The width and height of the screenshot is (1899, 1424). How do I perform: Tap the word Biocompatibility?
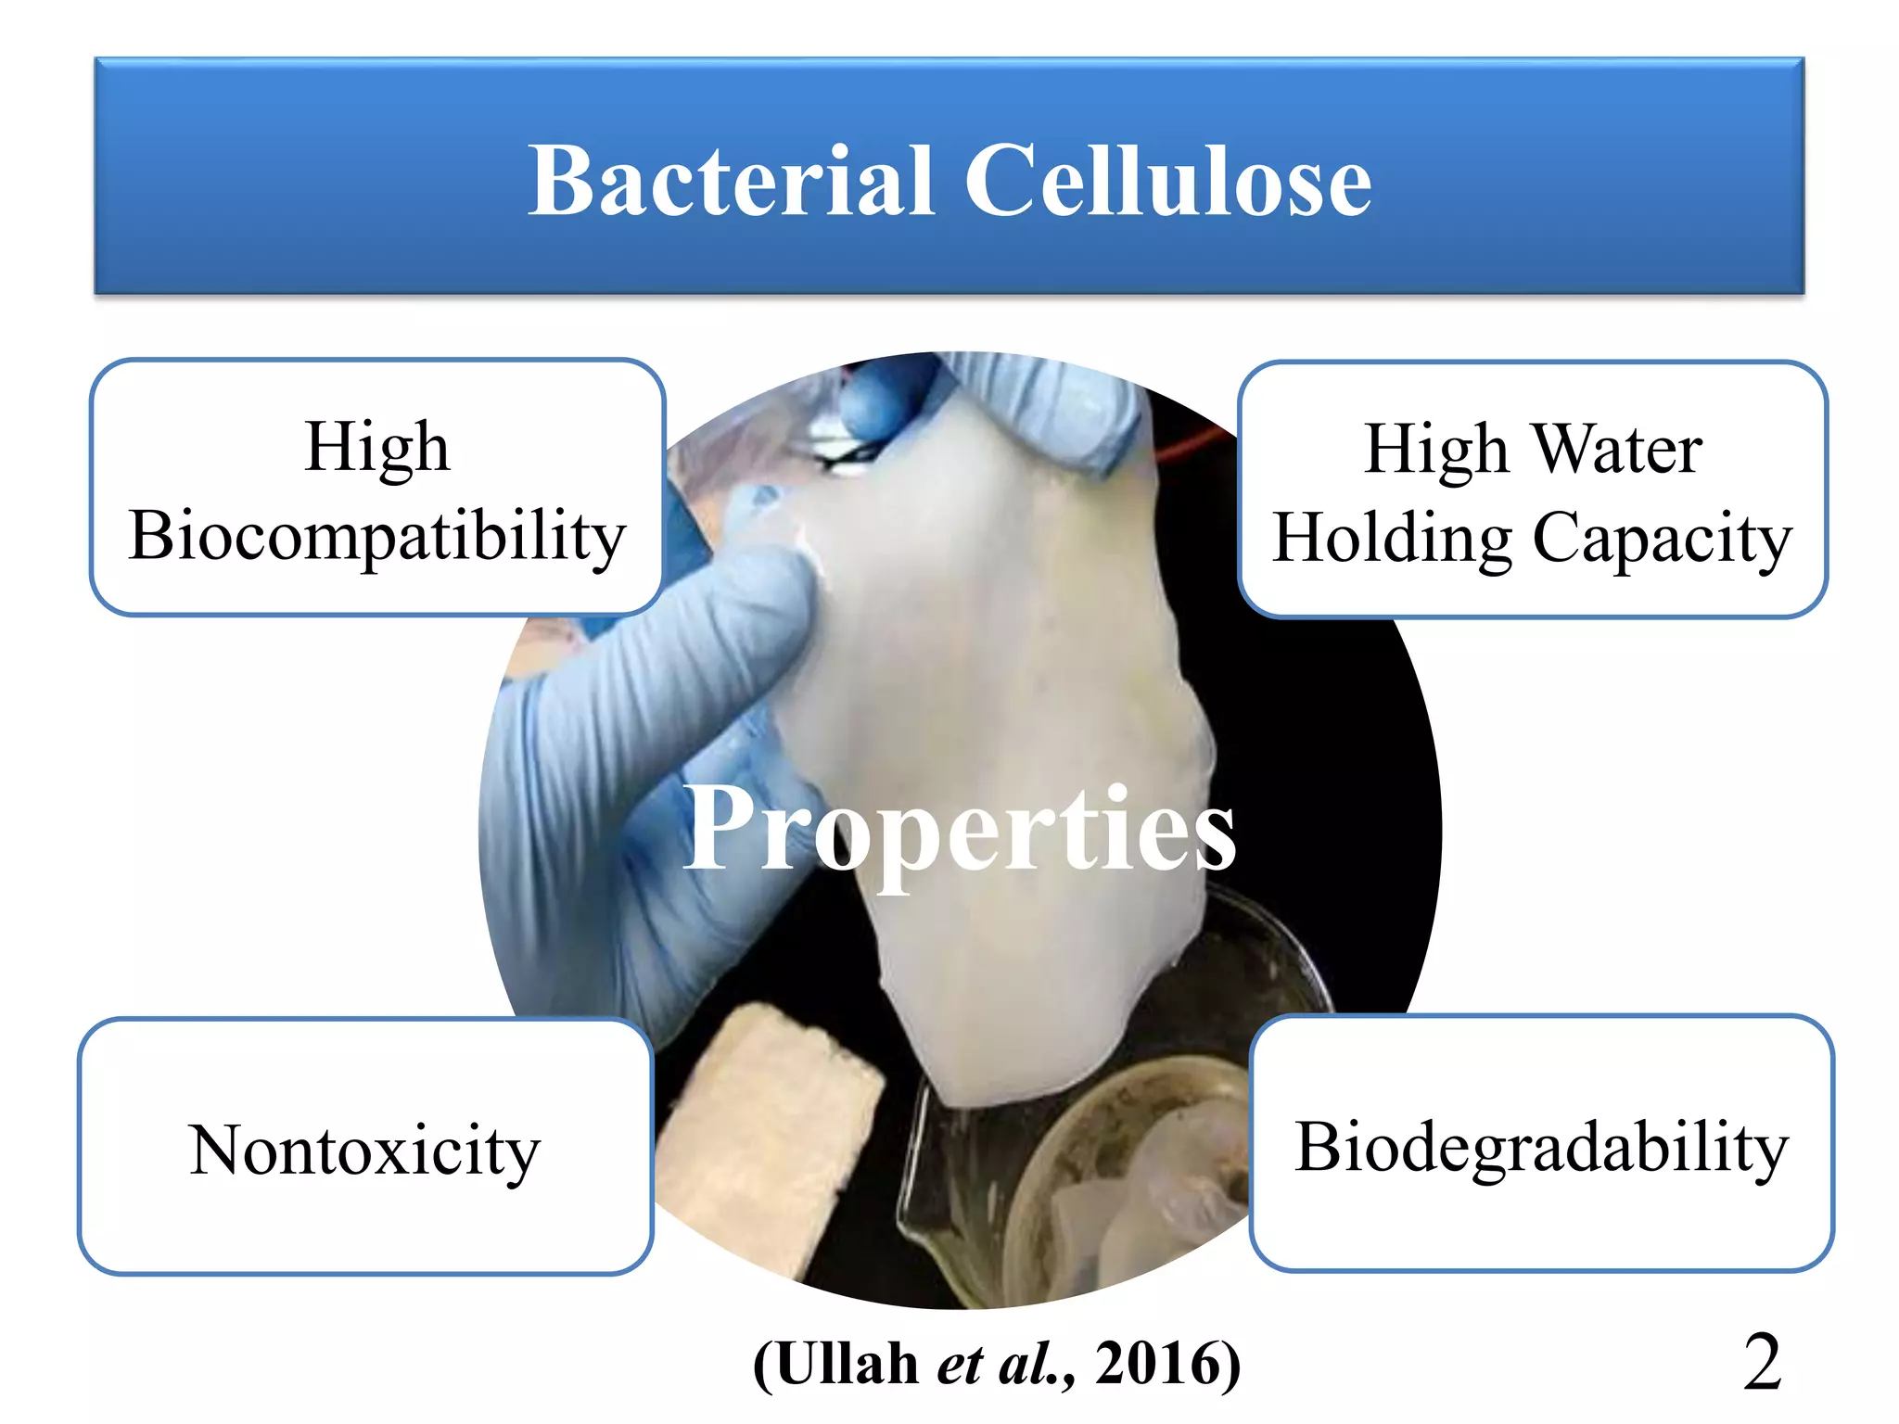click(377, 537)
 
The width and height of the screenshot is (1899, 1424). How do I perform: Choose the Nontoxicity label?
click(364, 1151)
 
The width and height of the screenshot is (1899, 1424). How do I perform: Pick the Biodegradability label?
click(1541, 1147)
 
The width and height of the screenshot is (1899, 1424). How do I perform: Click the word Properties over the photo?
click(960, 828)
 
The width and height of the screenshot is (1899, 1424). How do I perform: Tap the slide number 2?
click(1762, 1362)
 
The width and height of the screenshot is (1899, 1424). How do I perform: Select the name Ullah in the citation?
click(847, 1364)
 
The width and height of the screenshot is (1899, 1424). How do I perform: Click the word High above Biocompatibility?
click(377, 448)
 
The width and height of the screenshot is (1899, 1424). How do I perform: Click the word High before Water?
click(1435, 450)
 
